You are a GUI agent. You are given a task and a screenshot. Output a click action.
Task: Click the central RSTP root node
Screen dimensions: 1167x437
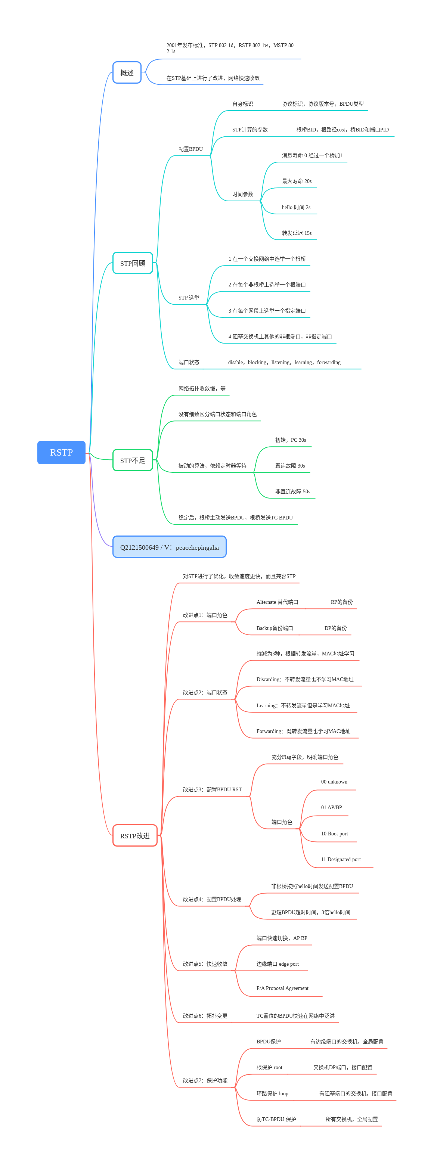click(61, 452)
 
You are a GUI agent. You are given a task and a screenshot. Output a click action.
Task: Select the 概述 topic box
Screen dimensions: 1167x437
click(127, 72)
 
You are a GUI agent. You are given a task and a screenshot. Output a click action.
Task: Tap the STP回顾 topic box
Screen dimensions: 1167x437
click(132, 263)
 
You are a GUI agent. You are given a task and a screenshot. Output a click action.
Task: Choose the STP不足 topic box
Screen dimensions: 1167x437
click(132, 460)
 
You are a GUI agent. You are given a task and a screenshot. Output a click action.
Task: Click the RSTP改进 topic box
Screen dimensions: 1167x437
click(134, 835)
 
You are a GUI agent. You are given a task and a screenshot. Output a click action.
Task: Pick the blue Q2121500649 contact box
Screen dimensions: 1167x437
click(169, 547)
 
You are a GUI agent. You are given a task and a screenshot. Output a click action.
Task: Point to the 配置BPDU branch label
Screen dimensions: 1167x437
click(190, 149)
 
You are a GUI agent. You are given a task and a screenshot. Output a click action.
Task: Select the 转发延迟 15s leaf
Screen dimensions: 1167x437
click(297, 233)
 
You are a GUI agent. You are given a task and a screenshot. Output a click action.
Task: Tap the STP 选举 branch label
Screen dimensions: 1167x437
click(189, 298)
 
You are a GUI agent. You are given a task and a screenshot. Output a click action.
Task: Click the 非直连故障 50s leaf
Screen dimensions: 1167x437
click(292, 491)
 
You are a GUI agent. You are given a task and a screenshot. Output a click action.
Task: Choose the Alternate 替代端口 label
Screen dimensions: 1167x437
click(277, 602)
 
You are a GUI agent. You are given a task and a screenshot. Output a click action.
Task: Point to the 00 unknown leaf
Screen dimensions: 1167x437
click(334, 782)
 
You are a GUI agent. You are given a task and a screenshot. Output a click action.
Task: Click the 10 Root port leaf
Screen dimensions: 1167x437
click(334, 834)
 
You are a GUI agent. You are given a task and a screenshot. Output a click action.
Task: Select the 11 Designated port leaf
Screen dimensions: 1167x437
click(340, 859)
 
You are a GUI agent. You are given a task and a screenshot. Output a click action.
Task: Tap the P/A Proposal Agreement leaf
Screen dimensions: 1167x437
click(282, 988)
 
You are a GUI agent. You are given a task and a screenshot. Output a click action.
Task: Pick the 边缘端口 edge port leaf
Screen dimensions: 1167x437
click(278, 963)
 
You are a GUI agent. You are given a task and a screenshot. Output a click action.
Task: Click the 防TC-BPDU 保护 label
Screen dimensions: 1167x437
click(276, 1119)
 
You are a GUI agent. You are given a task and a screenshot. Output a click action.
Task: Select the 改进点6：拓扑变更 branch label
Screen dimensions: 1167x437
click(205, 1016)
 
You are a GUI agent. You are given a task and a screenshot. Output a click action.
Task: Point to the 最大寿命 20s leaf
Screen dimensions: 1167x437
click(297, 181)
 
